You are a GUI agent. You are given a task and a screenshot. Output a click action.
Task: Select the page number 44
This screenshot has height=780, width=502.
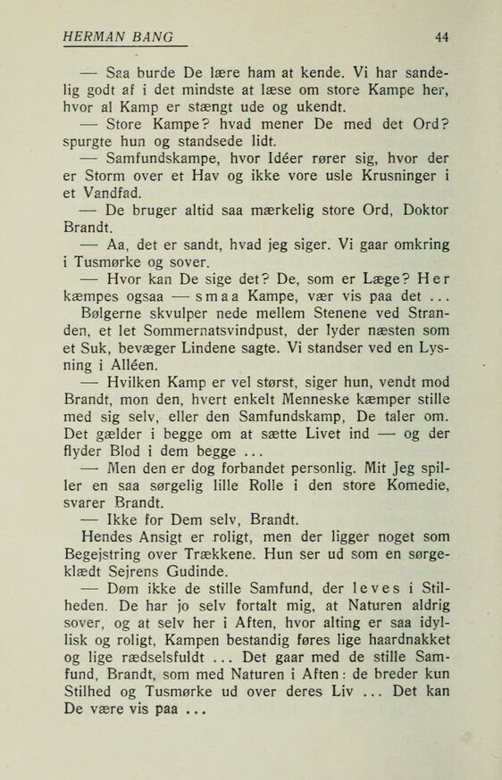pyautogui.click(x=441, y=37)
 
